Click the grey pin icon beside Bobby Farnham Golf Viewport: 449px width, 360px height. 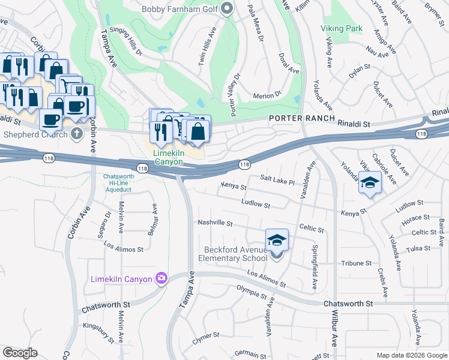[226, 8]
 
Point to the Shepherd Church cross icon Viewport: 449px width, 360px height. [76, 133]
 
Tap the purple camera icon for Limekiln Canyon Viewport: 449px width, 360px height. [161, 278]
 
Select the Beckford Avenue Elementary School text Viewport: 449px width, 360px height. [234, 254]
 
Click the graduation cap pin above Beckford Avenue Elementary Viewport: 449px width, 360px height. [277, 241]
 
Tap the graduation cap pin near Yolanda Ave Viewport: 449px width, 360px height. [370, 183]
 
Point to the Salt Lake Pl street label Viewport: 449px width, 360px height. [277, 179]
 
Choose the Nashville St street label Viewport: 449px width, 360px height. [215, 223]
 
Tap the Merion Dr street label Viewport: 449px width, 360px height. [267, 95]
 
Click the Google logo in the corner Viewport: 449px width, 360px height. [20, 352]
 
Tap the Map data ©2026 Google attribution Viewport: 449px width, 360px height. [412, 355]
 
